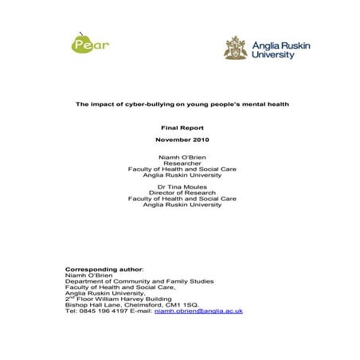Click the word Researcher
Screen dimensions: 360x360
(x=182, y=162)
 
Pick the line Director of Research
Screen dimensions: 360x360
(x=182, y=192)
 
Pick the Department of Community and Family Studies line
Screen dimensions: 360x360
(x=139, y=281)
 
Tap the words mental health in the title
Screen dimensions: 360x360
(x=262, y=104)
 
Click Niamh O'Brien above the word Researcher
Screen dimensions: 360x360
(x=182, y=157)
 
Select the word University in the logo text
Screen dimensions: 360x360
(x=274, y=55)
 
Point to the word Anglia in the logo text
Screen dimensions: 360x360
(x=266, y=45)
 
